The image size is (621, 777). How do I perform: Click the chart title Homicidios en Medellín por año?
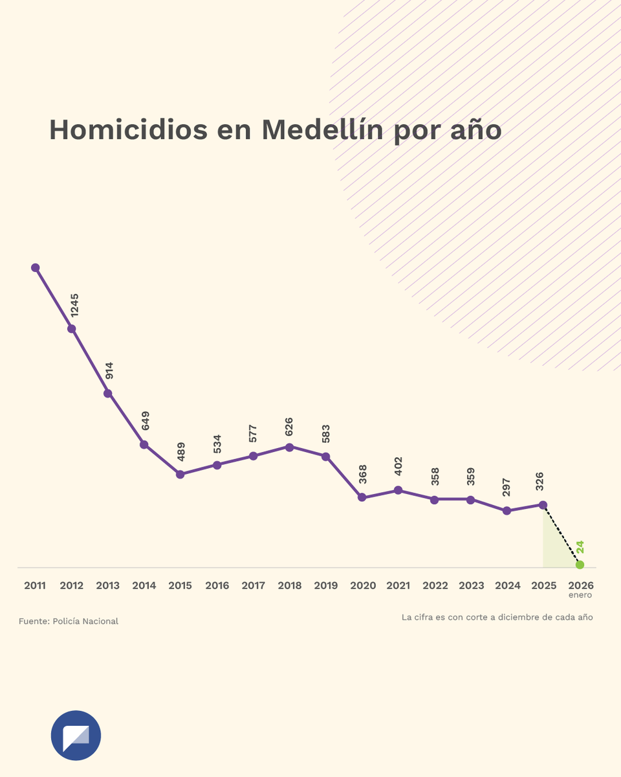click(x=275, y=130)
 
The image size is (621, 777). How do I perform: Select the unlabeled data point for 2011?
click(x=36, y=267)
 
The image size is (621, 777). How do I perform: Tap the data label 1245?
click(x=74, y=304)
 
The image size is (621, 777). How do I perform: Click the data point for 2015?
click(x=180, y=475)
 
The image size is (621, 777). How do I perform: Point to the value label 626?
click(x=289, y=426)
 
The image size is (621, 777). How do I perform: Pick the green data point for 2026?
click(x=580, y=565)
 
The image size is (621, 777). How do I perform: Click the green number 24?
click(x=580, y=546)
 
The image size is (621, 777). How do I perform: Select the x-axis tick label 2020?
click(x=363, y=586)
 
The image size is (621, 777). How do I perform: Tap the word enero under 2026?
click(x=580, y=595)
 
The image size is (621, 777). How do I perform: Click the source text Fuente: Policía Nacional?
click(x=69, y=622)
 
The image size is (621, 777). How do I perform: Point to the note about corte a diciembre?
click(x=497, y=618)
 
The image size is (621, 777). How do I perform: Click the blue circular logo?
click(x=76, y=736)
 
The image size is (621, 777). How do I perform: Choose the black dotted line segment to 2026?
click(x=561, y=535)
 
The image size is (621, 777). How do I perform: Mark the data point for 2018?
click(x=289, y=447)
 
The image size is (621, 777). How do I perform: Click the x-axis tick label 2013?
click(x=107, y=586)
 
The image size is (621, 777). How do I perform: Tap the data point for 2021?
click(x=398, y=490)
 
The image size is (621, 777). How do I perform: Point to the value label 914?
click(x=110, y=370)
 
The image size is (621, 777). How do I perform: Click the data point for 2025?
click(x=543, y=504)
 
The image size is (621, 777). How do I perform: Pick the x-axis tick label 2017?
click(x=253, y=586)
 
